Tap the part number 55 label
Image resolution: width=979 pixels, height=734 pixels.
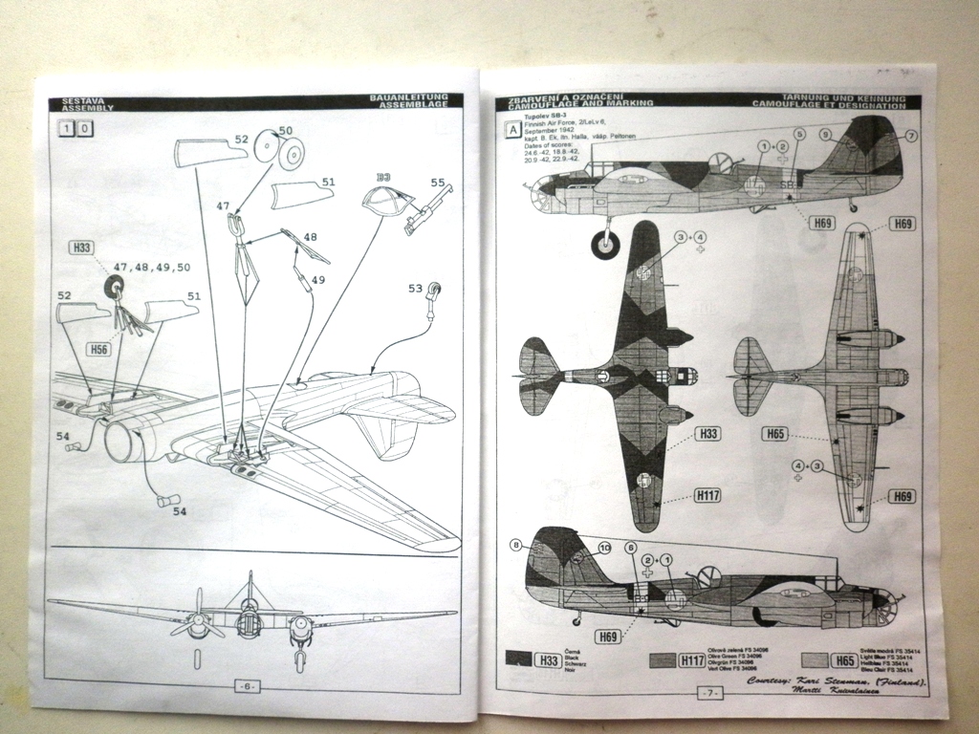point(438,183)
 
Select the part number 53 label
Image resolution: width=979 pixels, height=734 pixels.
point(414,288)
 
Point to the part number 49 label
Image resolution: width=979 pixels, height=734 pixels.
point(318,280)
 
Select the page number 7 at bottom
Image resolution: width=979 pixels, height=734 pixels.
point(708,691)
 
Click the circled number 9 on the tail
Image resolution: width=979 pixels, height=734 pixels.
point(824,136)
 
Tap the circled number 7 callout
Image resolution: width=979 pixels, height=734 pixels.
point(910,136)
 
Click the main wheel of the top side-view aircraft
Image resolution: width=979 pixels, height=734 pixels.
point(604,246)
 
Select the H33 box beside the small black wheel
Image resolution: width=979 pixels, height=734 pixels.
point(83,248)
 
